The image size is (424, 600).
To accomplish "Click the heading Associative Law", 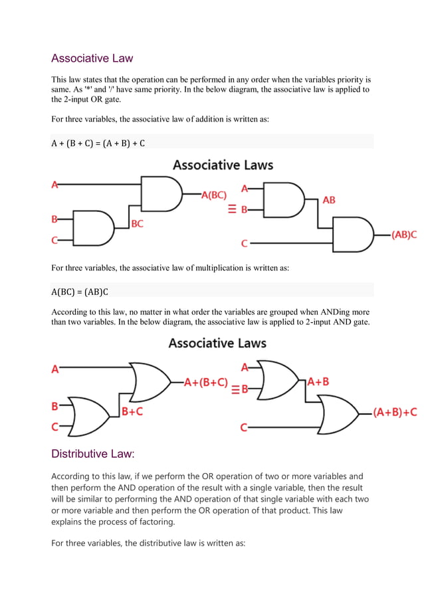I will [x=92, y=58].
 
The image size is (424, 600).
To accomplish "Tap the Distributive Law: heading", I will [x=93, y=454].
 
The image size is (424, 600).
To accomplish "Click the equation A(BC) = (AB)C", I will [x=79, y=291].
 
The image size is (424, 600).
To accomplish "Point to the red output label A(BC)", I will [x=213, y=195].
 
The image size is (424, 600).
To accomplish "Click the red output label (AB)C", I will [x=404, y=235].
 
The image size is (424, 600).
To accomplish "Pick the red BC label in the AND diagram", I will [x=137, y=224].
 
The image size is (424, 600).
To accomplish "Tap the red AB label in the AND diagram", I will [x=329, y=200].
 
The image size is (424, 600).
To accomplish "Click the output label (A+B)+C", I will [x=395, y=413].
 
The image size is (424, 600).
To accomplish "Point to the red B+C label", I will [x=132, y=412].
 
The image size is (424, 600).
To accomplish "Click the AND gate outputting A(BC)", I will [x=161, y=194].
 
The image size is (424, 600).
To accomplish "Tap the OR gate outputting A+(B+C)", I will [x=151, y=382].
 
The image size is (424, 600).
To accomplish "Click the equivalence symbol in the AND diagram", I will [x=232, y=209].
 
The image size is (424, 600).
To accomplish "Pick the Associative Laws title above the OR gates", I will [x=217, y=344].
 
